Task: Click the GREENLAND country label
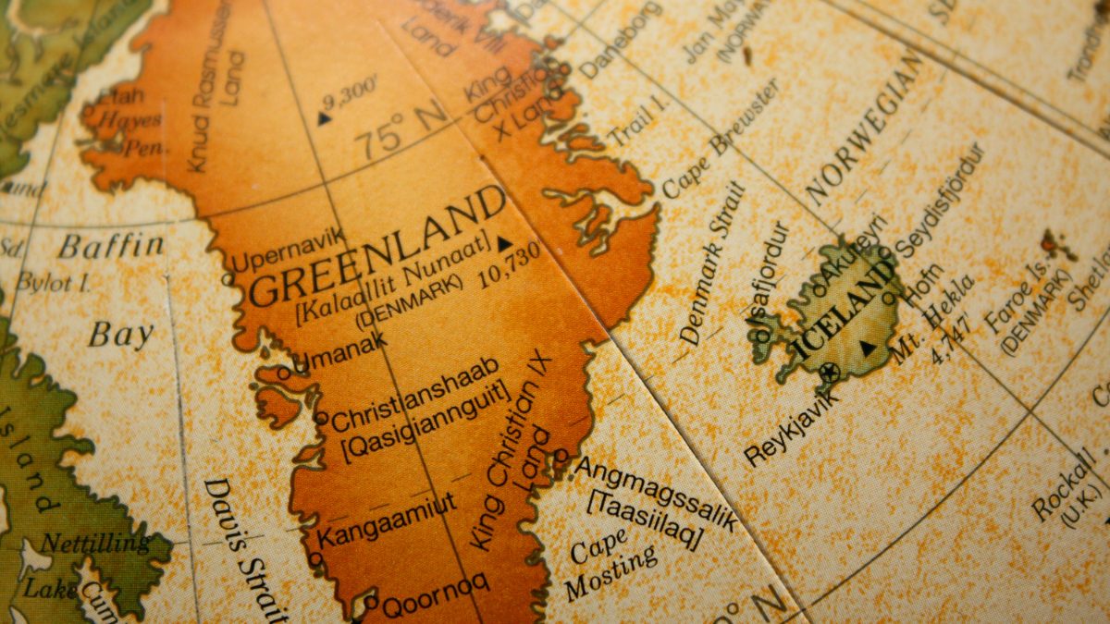pyautogui.click(x=377, y=245)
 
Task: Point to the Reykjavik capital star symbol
pyautogui.click(x=829, y=373)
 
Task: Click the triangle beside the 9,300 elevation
pyautogui.click(x=323, y=118)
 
